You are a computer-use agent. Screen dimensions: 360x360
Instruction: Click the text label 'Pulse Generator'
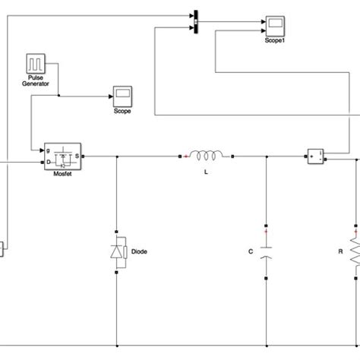(x=37, y=81)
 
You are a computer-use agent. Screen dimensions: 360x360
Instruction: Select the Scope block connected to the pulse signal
(x=122, y=95)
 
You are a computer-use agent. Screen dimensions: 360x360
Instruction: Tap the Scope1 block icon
(x=273, y=24)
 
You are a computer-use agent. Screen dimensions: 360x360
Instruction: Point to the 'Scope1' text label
(x=273, y=39)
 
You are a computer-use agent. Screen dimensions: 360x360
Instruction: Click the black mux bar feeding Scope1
(x=195, y=21)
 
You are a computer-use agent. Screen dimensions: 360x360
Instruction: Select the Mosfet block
(x=64, y=156)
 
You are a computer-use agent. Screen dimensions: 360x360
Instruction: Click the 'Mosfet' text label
(x=64, y=174)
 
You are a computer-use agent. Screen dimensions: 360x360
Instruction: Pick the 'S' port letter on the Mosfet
(x=79, y=157)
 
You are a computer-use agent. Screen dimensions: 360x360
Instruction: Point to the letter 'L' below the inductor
(x=207, y=174)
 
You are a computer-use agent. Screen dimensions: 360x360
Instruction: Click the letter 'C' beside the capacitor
(x=251, y=251)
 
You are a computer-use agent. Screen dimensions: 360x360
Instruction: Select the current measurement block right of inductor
(x=315, y=156)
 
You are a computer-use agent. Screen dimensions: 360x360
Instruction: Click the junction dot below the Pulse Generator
(x=59, y=96)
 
